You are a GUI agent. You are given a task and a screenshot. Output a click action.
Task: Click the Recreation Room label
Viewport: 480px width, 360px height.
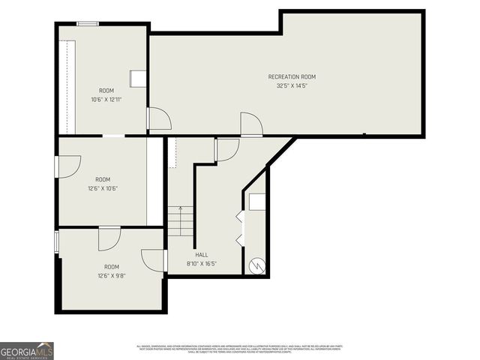pos(292,76)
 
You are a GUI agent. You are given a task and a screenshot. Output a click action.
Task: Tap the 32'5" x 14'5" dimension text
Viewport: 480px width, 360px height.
pos(292,85)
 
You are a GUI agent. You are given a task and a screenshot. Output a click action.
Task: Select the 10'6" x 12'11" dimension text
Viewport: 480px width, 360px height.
pos(106,99)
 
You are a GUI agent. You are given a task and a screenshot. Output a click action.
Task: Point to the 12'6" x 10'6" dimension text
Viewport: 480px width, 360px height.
pos(103,188)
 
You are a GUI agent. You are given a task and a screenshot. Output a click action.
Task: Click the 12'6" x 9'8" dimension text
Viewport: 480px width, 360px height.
pos(111,275)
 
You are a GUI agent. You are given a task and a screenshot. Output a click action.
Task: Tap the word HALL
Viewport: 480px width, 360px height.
pos(201,255)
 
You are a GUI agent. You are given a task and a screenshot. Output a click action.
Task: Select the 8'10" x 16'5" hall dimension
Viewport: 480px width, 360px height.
pos(201,263)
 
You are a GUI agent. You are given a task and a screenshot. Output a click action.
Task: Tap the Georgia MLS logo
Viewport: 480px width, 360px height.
pos(27,350)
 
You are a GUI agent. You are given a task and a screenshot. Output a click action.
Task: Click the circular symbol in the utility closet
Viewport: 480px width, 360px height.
pos(256,265)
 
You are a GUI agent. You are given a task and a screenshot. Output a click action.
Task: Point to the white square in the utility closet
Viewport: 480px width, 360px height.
pos(256,202)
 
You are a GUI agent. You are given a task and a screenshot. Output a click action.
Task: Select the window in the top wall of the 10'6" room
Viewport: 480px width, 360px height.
pos(88,24)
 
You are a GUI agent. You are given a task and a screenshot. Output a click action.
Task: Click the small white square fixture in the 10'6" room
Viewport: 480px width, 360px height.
pos(138,79)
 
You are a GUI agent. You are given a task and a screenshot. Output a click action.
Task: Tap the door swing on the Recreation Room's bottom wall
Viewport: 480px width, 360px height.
pos(250,124)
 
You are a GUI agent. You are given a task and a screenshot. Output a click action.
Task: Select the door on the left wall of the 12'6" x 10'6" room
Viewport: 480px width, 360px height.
pos(67,166)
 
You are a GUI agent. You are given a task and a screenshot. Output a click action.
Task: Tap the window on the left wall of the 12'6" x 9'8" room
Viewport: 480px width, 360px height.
pos(57,243)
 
